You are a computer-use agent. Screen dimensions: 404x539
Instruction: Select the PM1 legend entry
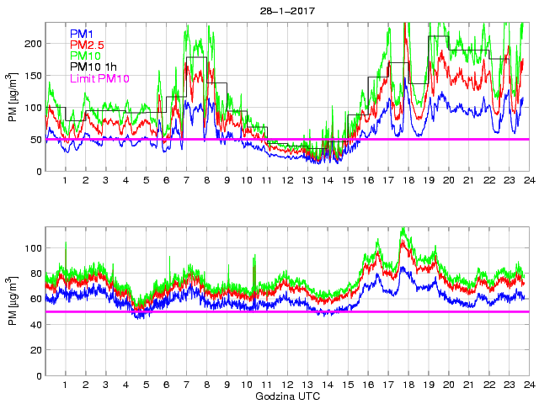click(82, 34)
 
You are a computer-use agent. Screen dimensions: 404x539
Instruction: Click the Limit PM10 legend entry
click(100, 78)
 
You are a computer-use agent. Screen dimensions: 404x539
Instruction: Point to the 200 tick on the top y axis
click(33, 44)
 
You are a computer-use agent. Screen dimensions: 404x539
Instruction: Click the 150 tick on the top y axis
click(33, 76)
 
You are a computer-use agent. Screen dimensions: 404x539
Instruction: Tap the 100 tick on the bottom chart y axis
click(33, 248)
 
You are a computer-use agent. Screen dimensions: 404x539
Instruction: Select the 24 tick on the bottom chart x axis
click(528, 385)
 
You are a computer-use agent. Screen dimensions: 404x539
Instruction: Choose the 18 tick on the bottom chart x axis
click(408, 385)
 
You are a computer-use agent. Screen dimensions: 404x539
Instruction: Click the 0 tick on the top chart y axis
click(39, 172)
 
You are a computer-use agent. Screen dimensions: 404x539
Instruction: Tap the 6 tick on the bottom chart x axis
click(166, 385)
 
